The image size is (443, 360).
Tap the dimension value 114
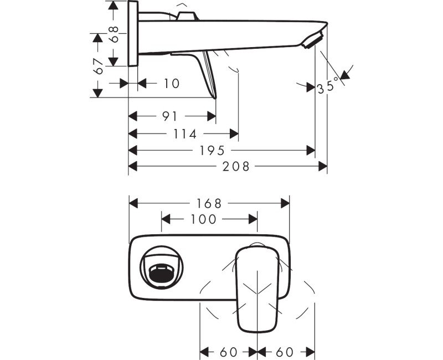click(185, 133)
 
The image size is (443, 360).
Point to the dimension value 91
click(170, 116)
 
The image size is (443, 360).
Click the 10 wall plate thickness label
click(172, 84)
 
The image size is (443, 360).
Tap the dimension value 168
click(210, 203)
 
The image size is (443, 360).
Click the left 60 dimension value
click(228, 352)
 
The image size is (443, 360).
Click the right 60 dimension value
click(286, 352)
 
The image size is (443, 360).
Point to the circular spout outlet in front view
click(161, 269)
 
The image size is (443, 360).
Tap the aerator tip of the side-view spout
click(314, 40)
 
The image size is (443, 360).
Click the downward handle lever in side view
click(209, 75)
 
